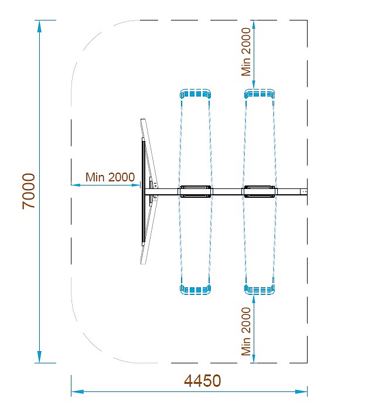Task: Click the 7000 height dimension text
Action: (29, 191)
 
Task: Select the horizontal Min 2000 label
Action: (110, 177)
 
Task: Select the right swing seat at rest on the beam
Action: (260, 191)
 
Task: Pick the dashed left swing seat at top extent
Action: (196, 94)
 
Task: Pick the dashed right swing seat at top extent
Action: (260, 94)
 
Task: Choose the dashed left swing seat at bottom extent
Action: (196, 288)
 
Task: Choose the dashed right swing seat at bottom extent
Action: (260, 288)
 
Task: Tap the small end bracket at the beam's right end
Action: (303, 191)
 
